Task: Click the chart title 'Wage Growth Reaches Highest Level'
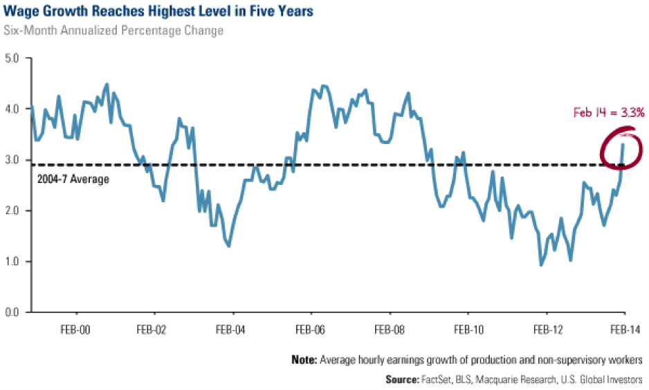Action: pos(138,12)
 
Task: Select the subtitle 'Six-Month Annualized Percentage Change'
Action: pos(114,30)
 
